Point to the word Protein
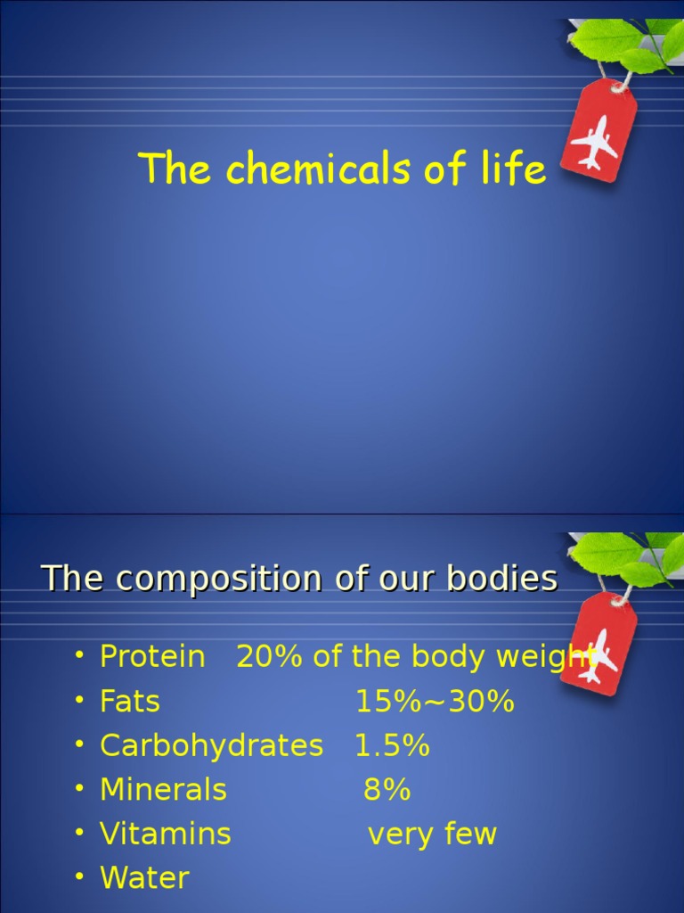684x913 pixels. tap(152, 657)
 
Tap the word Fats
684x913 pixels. tap(130, 702)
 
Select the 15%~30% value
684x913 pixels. tap(435, 702)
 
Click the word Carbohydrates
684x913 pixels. tap(211, 745)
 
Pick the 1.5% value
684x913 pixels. tap(392, 745)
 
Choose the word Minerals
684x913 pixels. tap(163, 790)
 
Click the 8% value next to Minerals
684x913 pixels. tap(387, 790)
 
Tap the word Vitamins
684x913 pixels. tap(165, 835)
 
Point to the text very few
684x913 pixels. tap(432, 835)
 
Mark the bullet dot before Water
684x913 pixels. tap(79, 877)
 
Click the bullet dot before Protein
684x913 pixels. tap(79, 655)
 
